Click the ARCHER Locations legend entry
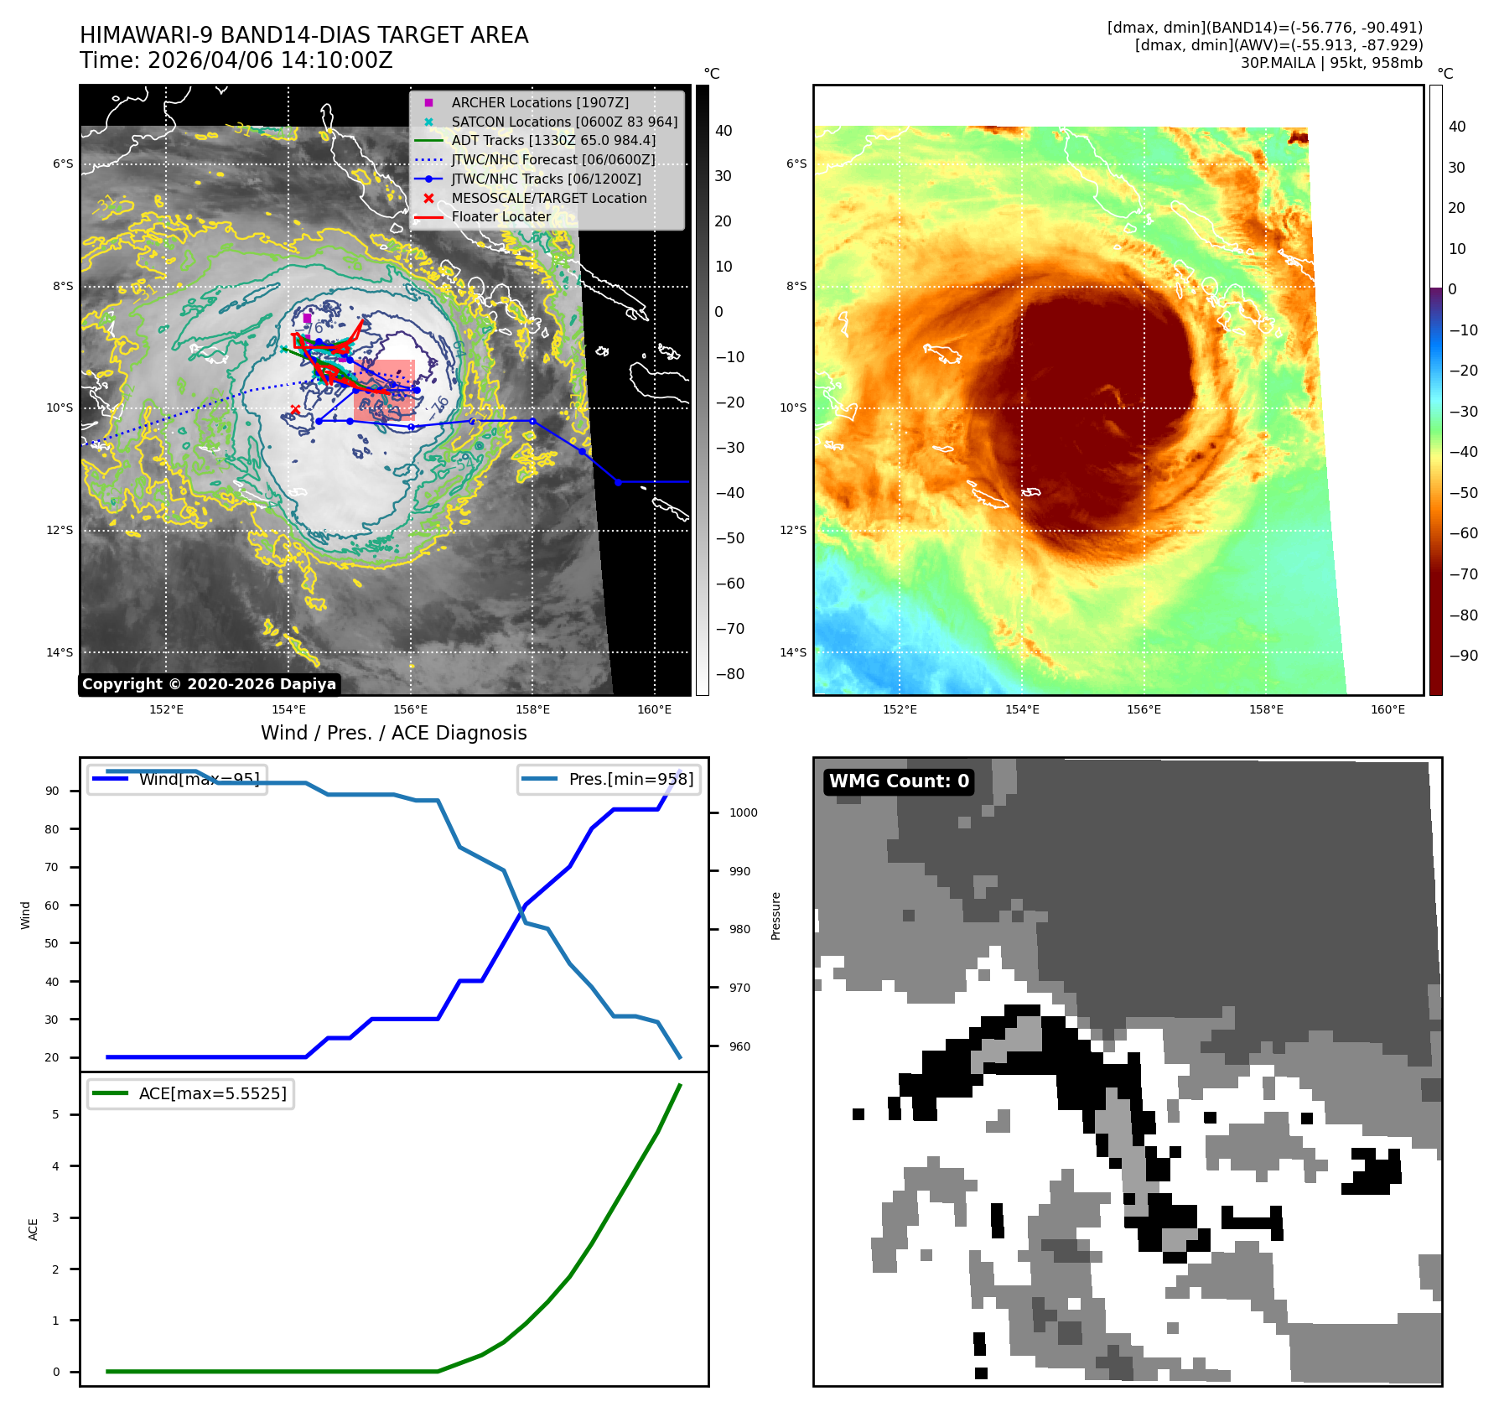click(540, 102)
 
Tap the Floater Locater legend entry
click(501, 216)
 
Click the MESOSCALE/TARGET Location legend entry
click(548, 198)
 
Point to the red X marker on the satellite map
click(295, 409)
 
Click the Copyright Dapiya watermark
click(209, 684)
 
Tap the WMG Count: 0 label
click(899, 781)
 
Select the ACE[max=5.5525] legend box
click(191, 1093)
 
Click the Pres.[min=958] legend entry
click(609, 779)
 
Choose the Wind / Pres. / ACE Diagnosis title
click(393, 733)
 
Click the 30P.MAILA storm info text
click(1330, 63)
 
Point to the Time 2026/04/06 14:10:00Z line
click(236, 60)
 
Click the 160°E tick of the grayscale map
click(654, 709)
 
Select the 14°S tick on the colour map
click(792, 652)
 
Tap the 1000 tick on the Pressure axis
click(743, 812)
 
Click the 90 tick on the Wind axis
click(52, 791)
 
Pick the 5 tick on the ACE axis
click(55, 1114)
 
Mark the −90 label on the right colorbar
click(1463, 656)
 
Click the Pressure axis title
click(775, 916)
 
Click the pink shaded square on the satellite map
click(384, 390)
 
